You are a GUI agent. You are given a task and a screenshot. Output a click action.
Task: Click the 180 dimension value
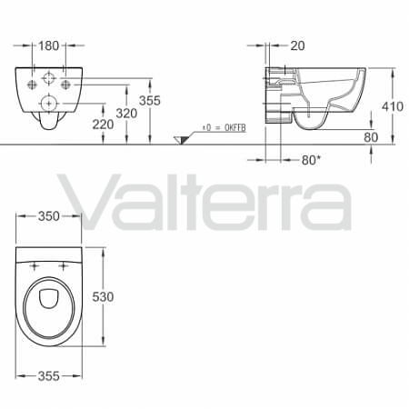(x=48, y=45)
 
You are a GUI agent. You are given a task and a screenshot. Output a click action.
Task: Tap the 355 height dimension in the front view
(x=150, y=101)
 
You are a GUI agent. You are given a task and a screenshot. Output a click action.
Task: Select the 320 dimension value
(x=126, y=114)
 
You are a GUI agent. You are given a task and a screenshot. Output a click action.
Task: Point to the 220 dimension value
(x=103, y=125)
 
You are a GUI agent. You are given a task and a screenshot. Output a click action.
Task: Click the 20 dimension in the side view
(x=297, y=45)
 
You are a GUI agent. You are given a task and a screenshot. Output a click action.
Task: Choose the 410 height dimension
(x=393, y=106)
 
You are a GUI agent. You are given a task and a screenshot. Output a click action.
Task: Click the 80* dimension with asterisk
(x=311, y=160)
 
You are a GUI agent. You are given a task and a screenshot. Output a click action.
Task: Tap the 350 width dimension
(x=49, y=216)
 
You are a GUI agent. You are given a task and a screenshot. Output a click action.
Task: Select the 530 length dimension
(x=103, y=296)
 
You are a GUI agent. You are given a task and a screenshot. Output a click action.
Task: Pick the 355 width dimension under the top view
(x=49, y=376)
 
